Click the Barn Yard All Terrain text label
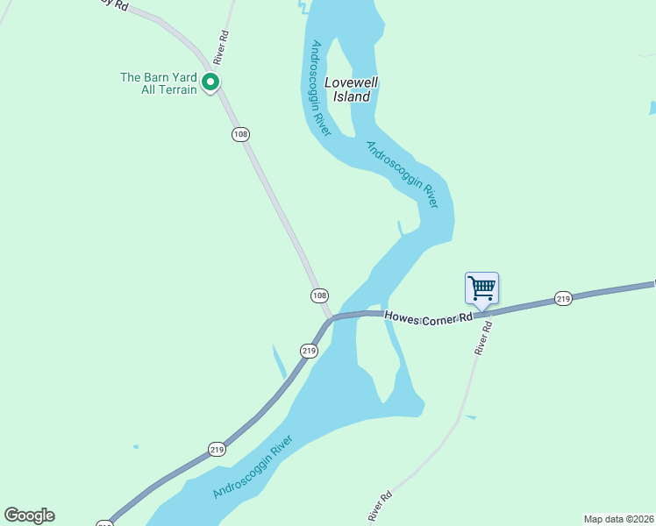coord(158,83)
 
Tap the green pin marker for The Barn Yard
coord(210,82)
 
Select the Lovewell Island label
coord(347,90)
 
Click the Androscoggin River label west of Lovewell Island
coord(319,89)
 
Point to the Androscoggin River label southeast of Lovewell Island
coord(402,174)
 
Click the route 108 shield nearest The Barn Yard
coord(241,134)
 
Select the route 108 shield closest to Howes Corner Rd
coord(319,295)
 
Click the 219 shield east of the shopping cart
coord(563,300)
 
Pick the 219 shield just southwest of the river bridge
coord(309,351)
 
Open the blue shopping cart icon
coord(481,288)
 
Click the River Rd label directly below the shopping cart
coord(483,337)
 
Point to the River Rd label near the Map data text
coord(379,508)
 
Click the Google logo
coord(30,515)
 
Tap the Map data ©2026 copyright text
coord(618,518)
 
